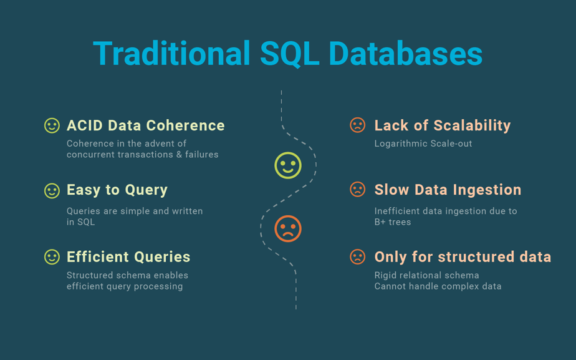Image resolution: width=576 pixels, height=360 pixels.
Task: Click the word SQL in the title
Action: tap(289, 54)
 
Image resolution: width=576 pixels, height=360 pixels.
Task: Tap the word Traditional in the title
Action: tap(172, 53)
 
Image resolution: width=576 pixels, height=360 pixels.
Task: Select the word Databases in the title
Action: tap(406, 53)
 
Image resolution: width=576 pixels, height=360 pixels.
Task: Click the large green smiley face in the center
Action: tap(288, 165)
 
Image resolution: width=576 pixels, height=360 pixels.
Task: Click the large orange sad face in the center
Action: tap(288, 229)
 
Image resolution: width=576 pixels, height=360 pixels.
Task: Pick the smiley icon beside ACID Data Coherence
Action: tap(52, 125)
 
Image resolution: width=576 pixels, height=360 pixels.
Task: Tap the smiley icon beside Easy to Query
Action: tap(52, 191)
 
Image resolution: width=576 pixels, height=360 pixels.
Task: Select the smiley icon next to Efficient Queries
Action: tap(52, 257)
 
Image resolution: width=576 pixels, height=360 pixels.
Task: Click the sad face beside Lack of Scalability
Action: tap(357, 125)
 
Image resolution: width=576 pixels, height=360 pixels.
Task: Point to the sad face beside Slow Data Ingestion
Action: tap(357, 190)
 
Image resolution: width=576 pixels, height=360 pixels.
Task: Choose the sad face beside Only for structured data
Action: tap(357, 256)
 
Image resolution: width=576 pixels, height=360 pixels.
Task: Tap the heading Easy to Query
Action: tap(117, 190)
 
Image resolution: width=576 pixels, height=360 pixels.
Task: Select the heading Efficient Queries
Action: tap(128, 257)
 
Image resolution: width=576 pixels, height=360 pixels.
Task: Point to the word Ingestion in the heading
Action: tap(487, 190)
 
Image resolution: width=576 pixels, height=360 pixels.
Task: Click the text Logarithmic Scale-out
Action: tap(423, 144)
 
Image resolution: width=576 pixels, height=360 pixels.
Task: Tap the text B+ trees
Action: tap(393, 222)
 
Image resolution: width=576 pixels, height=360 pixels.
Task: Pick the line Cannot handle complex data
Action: tap(438, 286)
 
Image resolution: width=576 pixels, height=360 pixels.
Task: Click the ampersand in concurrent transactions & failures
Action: tap(179, 155)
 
